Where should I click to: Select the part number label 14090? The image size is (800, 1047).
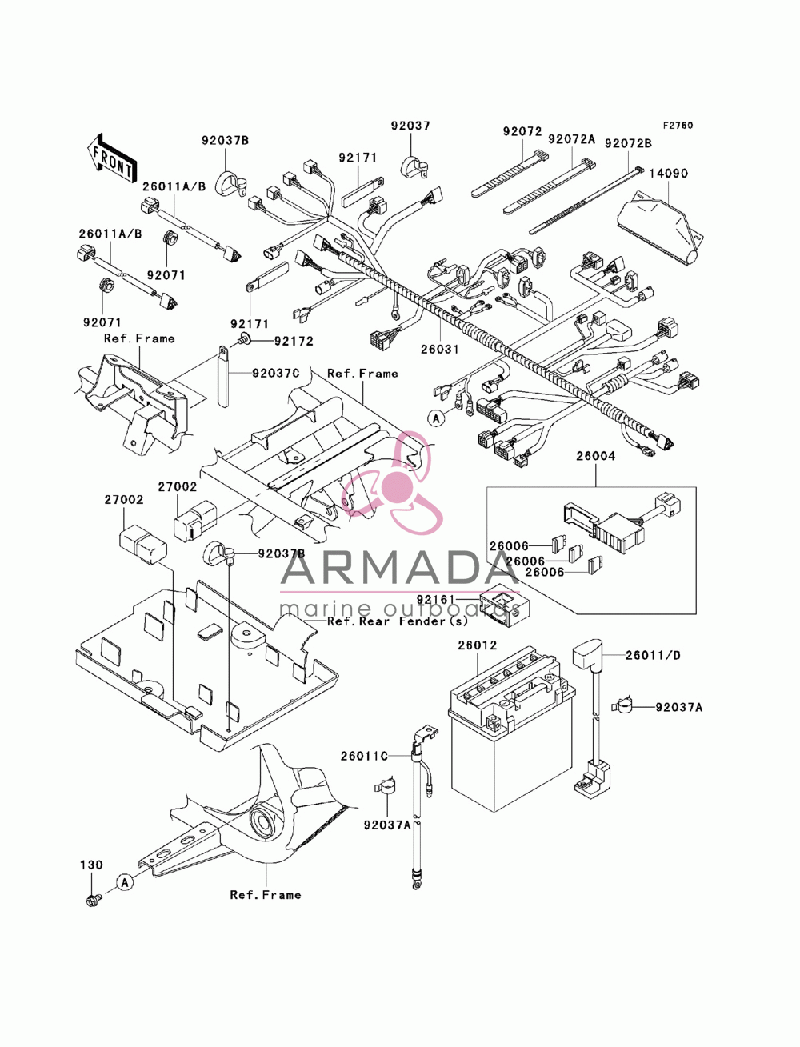coord(667,173)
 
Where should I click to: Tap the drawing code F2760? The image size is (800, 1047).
coord(677,126)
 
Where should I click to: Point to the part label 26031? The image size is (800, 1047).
coord(439,349)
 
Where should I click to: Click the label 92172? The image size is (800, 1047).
coord(294,341)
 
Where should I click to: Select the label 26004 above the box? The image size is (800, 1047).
coord(595,456)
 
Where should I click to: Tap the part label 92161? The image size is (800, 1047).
coord(435,599)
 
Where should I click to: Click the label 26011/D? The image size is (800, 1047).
coord(653,655)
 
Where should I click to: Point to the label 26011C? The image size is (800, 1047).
coord(364,756)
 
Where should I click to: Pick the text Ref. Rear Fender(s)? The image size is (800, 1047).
coord(398,621)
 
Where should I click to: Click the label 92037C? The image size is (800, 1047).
coord(276,373)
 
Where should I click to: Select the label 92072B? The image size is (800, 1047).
coord(628,143)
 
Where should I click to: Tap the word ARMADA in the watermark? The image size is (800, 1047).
coord(399,568)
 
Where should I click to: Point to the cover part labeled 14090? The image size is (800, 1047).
coord(661,227)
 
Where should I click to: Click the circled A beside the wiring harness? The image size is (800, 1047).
coord(435,419)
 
